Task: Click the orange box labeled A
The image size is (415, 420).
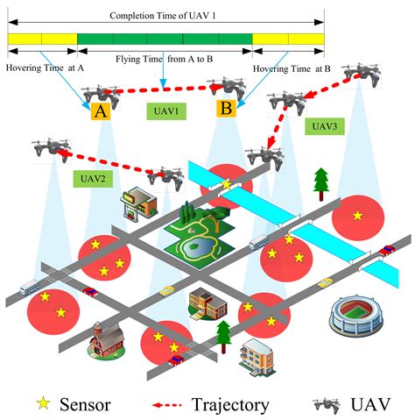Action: [x=100, y=111]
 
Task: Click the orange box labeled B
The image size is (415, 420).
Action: [x=226, y=110]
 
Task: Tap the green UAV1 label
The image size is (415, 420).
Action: [x=164, y=111]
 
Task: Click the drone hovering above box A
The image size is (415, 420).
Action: [x=100, y=91]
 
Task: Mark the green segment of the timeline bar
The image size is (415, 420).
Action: [x=165, y=40]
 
